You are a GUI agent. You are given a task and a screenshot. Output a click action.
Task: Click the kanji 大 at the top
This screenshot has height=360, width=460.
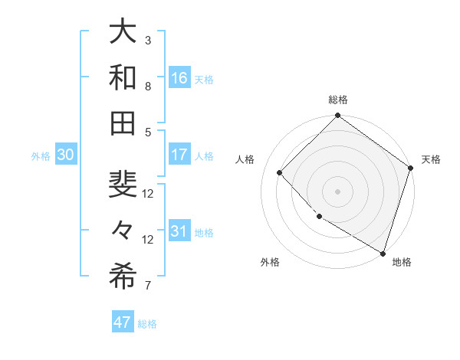123,34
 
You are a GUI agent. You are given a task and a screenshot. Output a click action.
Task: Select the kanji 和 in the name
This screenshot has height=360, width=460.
123,77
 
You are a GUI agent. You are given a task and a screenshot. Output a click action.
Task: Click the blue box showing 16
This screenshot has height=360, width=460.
179,78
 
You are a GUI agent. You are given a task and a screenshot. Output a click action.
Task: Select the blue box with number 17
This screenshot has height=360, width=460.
179,155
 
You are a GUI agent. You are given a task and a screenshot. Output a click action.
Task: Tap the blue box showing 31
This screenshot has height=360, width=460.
179,232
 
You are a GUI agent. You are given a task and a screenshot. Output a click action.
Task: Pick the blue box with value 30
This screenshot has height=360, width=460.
65,155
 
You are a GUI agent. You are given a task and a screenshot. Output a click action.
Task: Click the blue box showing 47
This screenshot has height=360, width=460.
123,322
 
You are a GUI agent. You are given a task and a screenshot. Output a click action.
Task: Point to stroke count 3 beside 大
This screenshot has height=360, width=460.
148,40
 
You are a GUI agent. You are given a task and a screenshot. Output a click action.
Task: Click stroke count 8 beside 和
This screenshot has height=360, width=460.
148,86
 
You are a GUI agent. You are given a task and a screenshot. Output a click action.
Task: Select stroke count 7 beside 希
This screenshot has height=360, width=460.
148,286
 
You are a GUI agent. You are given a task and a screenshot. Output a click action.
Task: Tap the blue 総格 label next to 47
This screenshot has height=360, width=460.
147,324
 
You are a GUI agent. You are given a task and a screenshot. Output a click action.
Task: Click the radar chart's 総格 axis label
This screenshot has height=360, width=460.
337,100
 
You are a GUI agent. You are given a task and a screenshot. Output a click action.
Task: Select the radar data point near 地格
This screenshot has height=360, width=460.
383,252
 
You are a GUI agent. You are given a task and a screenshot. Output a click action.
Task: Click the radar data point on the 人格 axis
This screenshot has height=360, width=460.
280,172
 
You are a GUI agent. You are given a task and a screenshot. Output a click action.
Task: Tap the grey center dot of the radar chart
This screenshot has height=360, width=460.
337,191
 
